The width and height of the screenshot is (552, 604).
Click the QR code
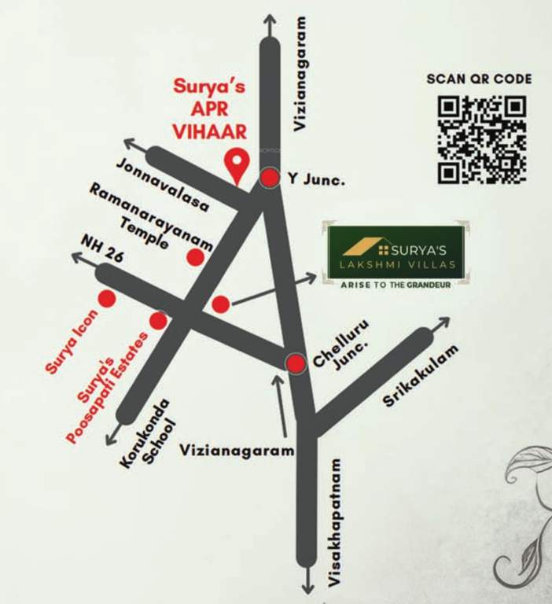[481, 139]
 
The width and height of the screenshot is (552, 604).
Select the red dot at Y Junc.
[270, 179]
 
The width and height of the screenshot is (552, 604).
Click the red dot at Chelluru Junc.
[296, 363]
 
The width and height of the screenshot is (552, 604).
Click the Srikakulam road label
[419, 376]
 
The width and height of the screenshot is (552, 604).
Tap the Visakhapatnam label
[334, 522]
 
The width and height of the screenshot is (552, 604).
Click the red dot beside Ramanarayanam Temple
[195, 257]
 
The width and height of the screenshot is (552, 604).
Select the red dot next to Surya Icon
[106, 299]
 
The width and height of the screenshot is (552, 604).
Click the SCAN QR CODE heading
[479, 79]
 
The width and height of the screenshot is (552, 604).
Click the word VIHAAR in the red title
[212, 129]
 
